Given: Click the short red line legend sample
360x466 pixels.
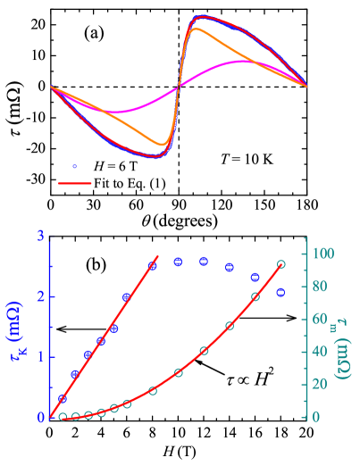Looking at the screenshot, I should (x=75, y=183).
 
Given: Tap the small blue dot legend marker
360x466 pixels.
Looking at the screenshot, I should (x=74, y=166).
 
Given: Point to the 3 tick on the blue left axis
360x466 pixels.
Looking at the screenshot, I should (x=41, y=236).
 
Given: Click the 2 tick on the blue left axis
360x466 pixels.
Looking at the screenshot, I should (x=41, y=295).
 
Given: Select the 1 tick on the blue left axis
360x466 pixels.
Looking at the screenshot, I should (x=41, y=356).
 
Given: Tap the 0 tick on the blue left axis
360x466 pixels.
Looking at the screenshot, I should (x=41, y=417).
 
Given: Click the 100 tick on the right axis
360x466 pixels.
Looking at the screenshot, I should (x=323, y=253).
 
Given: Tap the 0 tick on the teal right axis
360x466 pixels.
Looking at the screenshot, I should (x=318, y=417).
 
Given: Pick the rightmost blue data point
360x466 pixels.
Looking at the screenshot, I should (x=280, y=292).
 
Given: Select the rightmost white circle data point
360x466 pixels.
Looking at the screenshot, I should (x=280, y=264).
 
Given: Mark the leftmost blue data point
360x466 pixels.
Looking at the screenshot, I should (x=63, y=398).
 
